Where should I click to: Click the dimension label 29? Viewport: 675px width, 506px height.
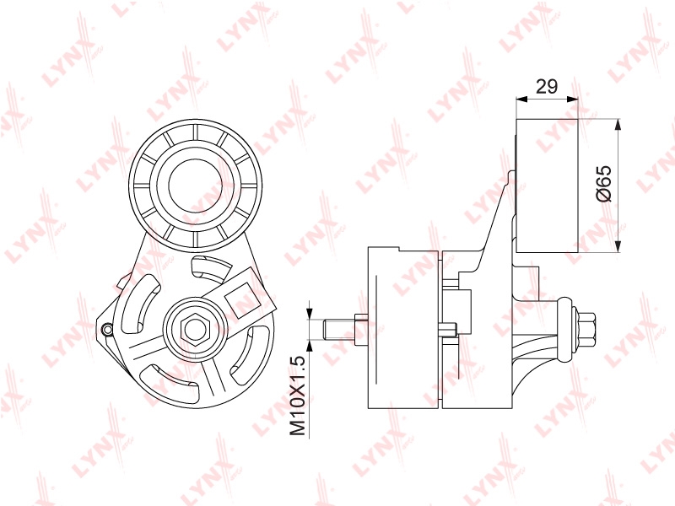click(x=547, y=87)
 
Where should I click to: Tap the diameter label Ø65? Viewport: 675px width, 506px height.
click(x=603, y=183)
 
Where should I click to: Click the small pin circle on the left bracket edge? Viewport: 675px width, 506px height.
click(x=107, y=329)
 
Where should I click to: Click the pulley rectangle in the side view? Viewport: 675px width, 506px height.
click(x=547, y=186)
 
